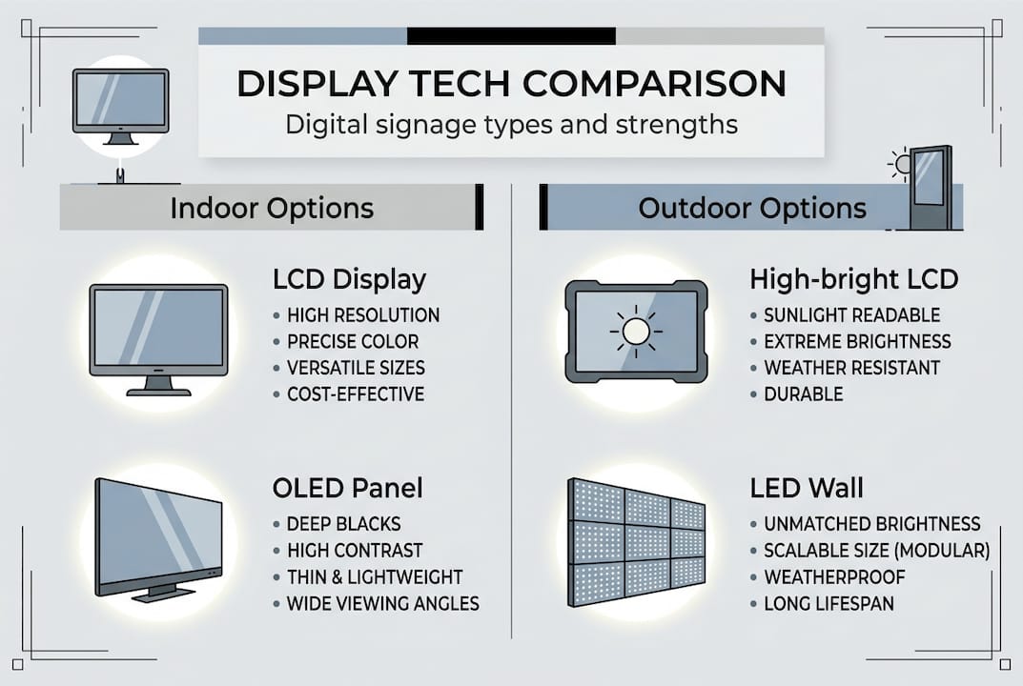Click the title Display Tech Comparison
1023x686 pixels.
[x=511, y=84]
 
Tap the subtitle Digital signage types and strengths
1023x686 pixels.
[x=511, y=125]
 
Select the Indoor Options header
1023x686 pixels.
[x=272, y=209]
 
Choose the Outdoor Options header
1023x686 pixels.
[x=752, y=209]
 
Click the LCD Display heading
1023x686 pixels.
[x=349, y=280]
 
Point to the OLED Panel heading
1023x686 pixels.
[x=347, y=489]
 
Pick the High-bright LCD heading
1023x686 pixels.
[x=853, y=280]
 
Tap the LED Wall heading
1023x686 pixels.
[x=807, y=489]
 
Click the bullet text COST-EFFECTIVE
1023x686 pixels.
[x=356, y=394]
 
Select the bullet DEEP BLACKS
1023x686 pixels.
[x=343, y=524]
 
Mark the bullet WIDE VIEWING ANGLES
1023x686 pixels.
[x=382, y=604]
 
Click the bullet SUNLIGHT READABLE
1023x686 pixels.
[x=851, y=315]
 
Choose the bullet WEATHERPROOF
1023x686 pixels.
[x=834, y=577]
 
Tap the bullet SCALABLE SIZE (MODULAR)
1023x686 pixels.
[x=876, y=551]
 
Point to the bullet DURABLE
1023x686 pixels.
[x=803, y=394]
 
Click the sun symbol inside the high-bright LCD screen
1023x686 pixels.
[x=636, y=331]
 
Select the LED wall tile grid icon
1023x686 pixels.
[x=636, y=541]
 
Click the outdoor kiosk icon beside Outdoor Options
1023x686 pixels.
[x=930, y=188]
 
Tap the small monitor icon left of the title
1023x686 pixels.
[x=120, y=105]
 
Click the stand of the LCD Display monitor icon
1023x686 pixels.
[x=158, y=386]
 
